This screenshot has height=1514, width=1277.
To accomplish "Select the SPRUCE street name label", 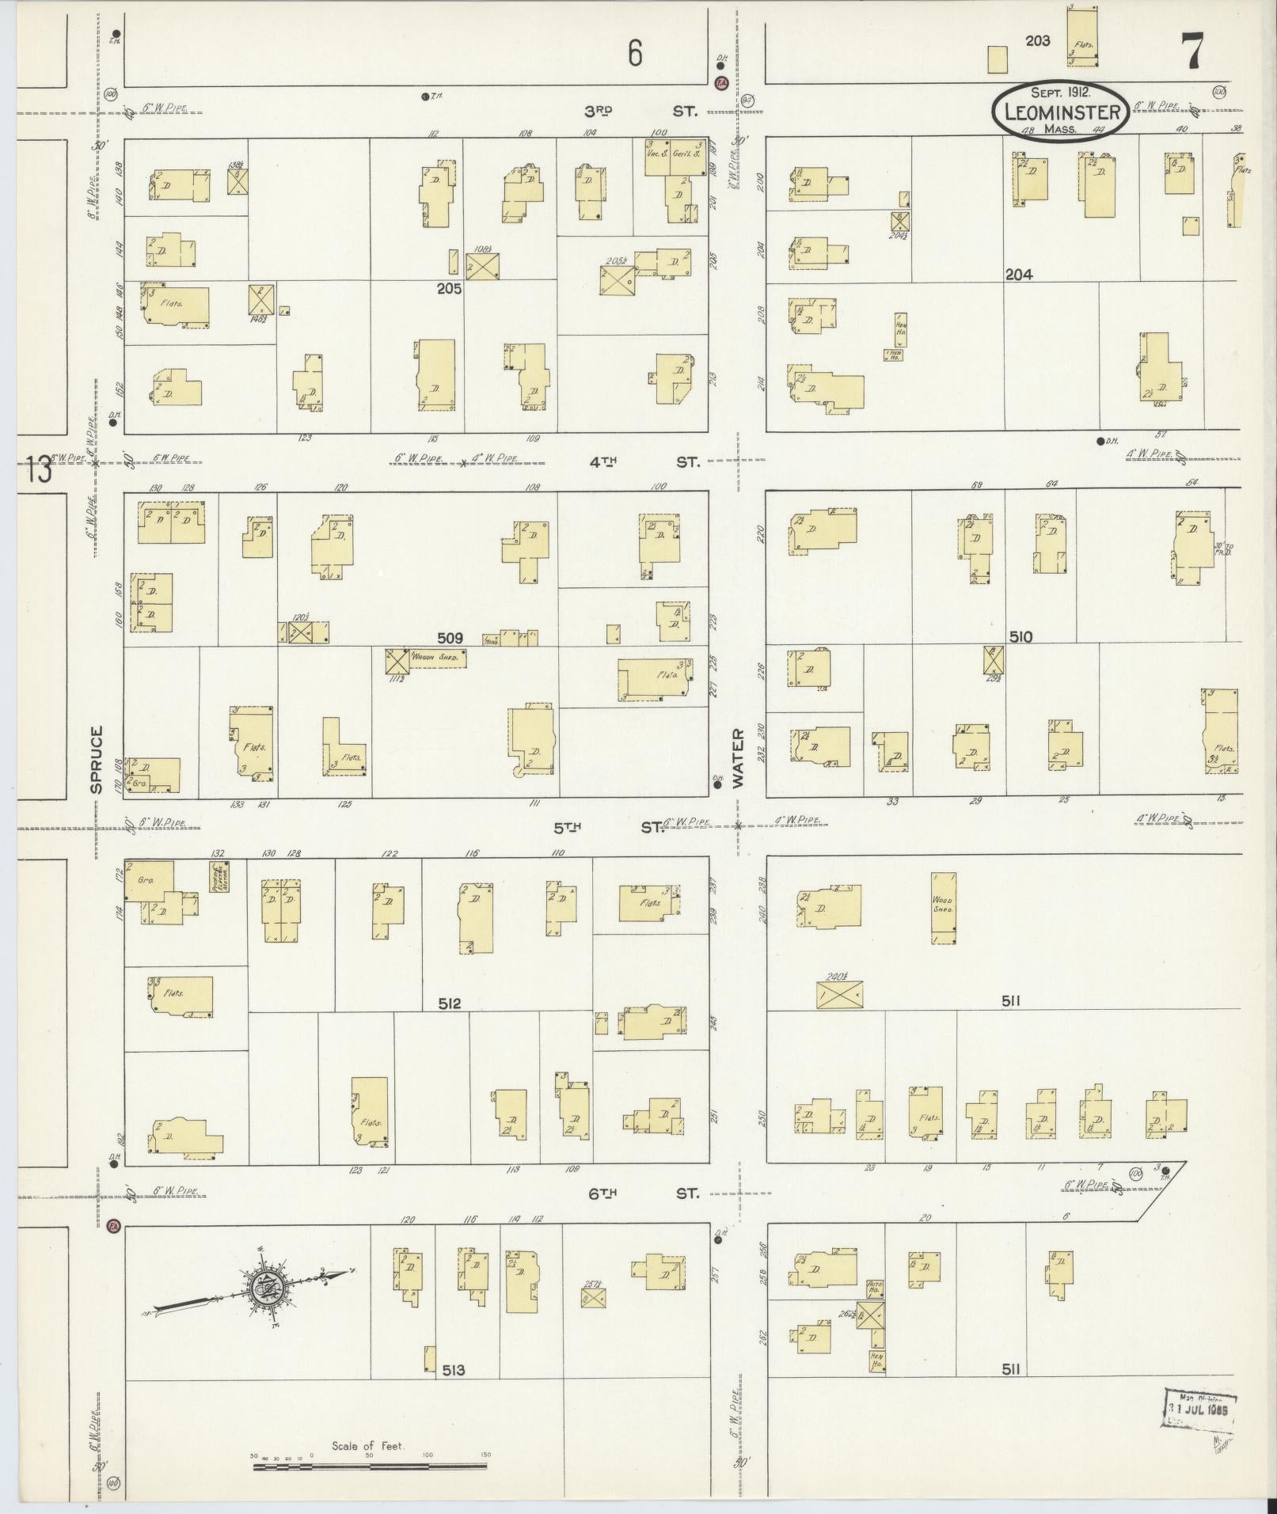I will (x=97, y=759).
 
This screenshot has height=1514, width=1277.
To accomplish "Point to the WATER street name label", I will (x=738, y=757).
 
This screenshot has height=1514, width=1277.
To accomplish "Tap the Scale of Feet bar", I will (x=370, y=1466).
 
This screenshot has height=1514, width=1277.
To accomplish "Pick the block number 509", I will (x=450, y=637).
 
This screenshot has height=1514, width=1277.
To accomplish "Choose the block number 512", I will (x=449, y=1004).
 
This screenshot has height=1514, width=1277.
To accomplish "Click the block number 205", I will (x=449, y=289).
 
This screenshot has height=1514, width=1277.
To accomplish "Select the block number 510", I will (x=1020, y=636).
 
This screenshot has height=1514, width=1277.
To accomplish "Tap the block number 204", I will (x=1019, y=275).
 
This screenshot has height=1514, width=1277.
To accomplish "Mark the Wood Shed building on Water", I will (x=943, y=908).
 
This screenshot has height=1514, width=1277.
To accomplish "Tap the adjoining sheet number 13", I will (x=37, y=469).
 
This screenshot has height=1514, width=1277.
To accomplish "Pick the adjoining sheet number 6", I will (x=634, y=53).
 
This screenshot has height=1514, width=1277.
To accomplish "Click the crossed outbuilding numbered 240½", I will (x=839, y=994).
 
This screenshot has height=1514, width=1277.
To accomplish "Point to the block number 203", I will (x=1037, y=40).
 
